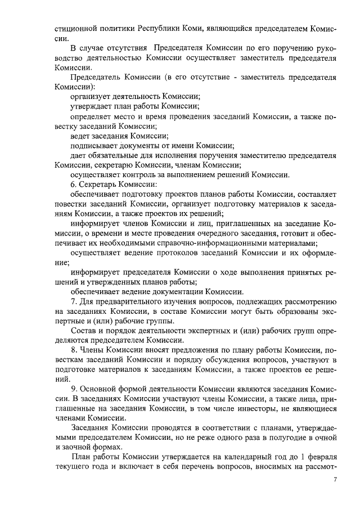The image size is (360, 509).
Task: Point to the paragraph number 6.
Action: coord(73,184)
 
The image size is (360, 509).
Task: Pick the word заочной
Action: coord(82,447)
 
